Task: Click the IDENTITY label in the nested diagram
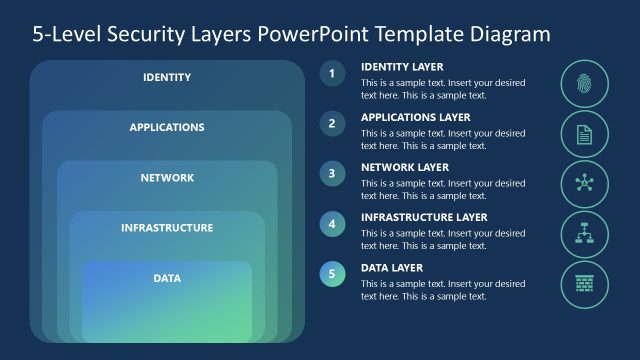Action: coord(167,77)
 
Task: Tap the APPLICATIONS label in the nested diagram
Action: coord(167,127)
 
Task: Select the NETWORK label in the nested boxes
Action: coord(167,177)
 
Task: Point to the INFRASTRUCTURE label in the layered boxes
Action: coord(167,227)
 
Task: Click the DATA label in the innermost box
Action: coord(167,277)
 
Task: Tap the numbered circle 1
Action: coord(332,73)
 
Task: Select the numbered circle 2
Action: coord(332,123)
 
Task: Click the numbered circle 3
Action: coord(332,173)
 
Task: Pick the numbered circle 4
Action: coord(332,223)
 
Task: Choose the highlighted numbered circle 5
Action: coord(332,273)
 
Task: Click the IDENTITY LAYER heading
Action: coord(401,67)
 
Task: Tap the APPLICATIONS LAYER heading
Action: coord(414,117)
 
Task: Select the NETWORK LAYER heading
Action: coord(405,167)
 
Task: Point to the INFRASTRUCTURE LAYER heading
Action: coord(424,217)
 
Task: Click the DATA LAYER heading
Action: coord(392,267)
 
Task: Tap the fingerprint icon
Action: coord(585,84)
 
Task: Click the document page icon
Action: coord(585,134)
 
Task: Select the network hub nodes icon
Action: coord(585,184)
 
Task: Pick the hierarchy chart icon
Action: coord(585,234)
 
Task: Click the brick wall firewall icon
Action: coord(585,284)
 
